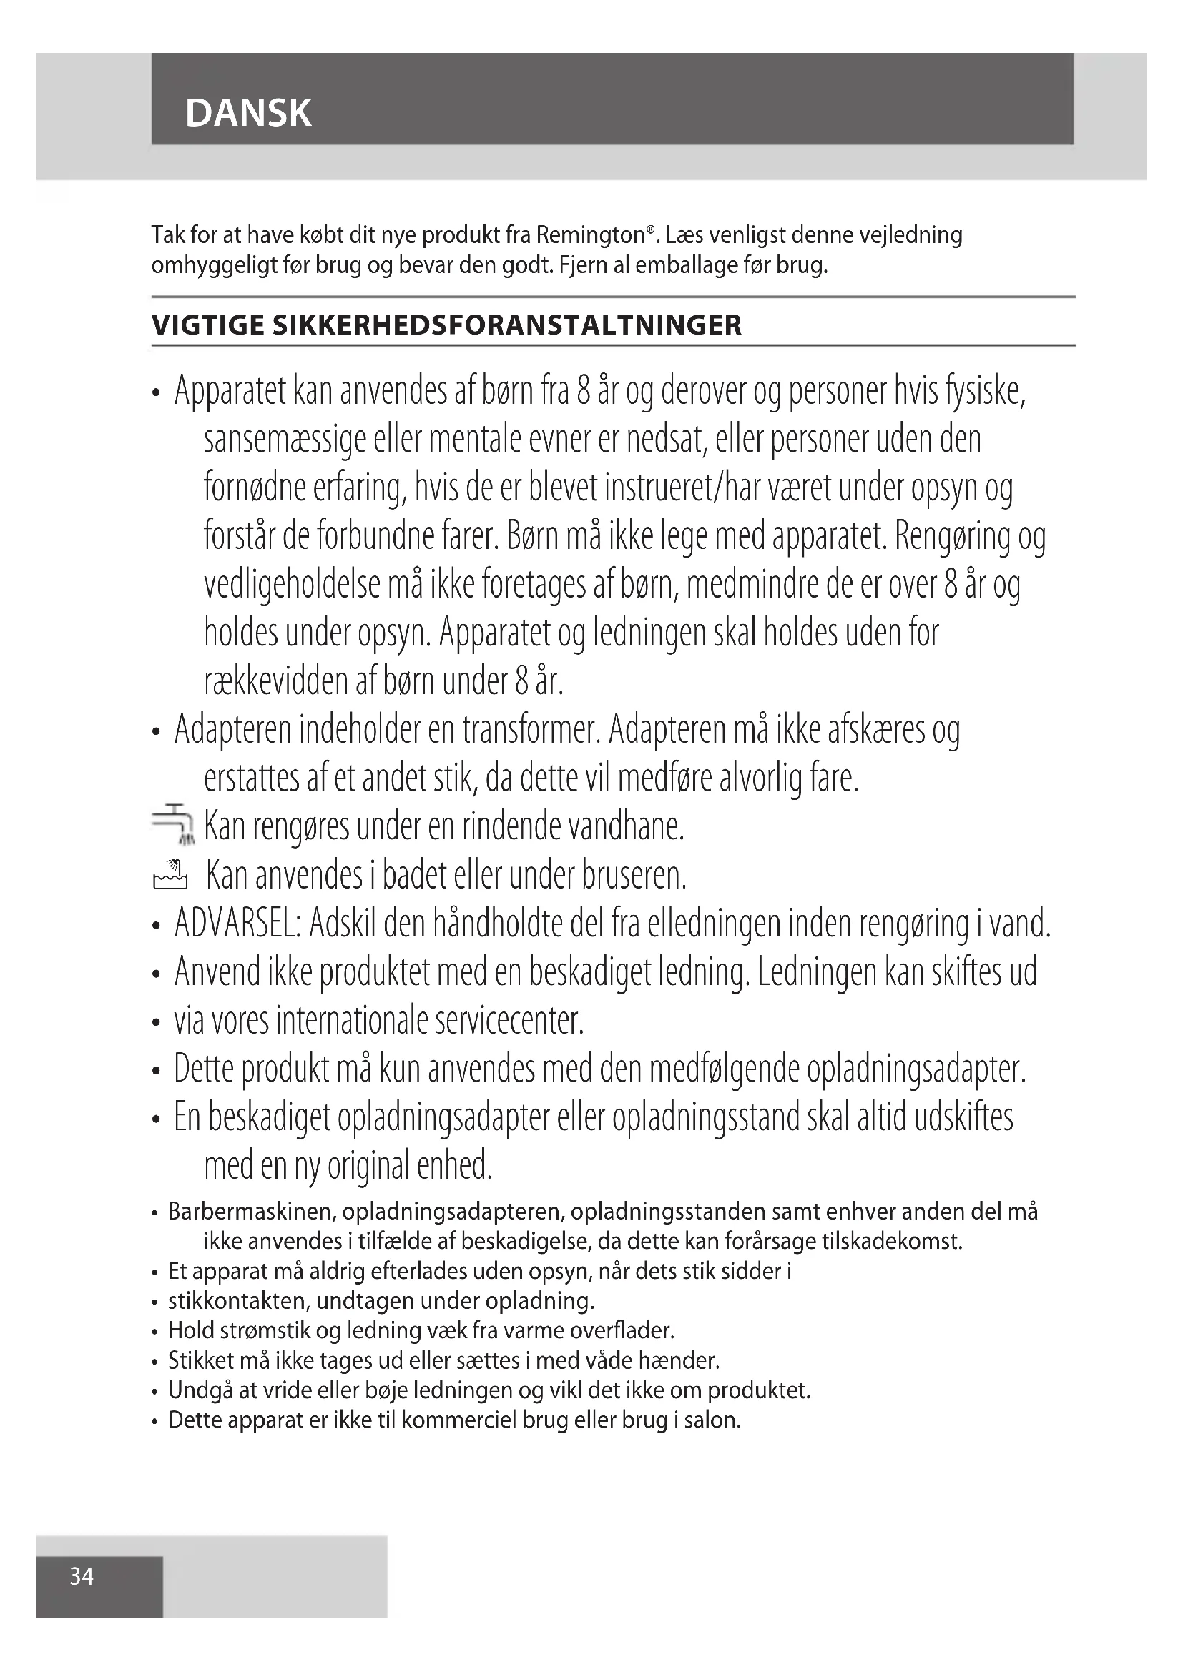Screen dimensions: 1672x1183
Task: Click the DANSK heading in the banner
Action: point(248,113)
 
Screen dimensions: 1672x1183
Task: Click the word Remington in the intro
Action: point(591,235)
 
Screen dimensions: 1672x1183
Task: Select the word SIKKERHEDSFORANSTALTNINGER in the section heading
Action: point(507,325)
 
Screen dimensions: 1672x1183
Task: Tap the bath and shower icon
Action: point(170,874)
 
